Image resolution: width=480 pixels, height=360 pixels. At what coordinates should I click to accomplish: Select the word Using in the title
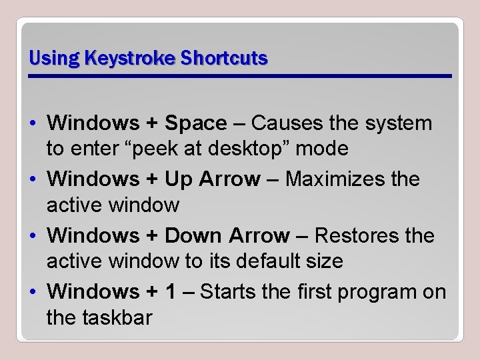[x=51, y=59]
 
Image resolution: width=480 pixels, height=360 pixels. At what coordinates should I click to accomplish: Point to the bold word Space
[x=195, y=124]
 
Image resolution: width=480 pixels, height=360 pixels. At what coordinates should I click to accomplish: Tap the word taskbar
[x=117, y=317]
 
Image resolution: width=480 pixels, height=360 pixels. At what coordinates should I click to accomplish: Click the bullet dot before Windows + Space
[x=33, y=124]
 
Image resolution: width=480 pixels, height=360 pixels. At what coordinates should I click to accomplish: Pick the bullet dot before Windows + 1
[x=33, y=292]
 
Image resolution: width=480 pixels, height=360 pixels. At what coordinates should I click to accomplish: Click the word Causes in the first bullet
[x=284, y=124]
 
